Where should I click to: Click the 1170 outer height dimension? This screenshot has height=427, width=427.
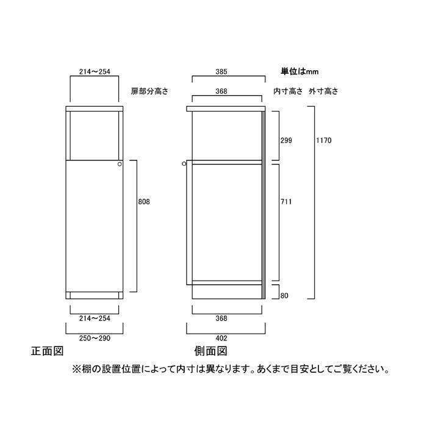324,140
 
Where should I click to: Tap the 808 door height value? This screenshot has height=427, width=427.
144,202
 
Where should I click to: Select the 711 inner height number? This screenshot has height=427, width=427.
286,202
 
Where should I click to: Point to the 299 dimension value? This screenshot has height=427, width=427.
286,140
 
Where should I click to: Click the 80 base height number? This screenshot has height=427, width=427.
284,296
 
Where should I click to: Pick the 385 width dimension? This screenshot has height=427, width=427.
221,71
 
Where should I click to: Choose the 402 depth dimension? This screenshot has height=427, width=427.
221,338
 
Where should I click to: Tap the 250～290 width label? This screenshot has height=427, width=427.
95,338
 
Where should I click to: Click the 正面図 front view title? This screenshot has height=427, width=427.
48,351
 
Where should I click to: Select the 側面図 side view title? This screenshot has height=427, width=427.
211,351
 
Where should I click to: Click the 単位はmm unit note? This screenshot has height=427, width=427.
300,71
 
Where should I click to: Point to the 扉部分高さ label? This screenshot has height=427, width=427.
150,91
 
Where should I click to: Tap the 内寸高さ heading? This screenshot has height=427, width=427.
288,91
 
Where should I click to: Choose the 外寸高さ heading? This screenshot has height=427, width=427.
323,91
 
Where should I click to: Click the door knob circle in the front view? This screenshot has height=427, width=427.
120,164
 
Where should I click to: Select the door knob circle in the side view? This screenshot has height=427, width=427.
184,164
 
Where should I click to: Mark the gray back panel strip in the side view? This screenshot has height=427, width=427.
264,205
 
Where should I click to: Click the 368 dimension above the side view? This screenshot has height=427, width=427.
221,91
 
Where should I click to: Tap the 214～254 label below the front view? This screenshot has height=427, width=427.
95,318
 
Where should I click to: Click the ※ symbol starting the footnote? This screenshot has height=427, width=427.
76,370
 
